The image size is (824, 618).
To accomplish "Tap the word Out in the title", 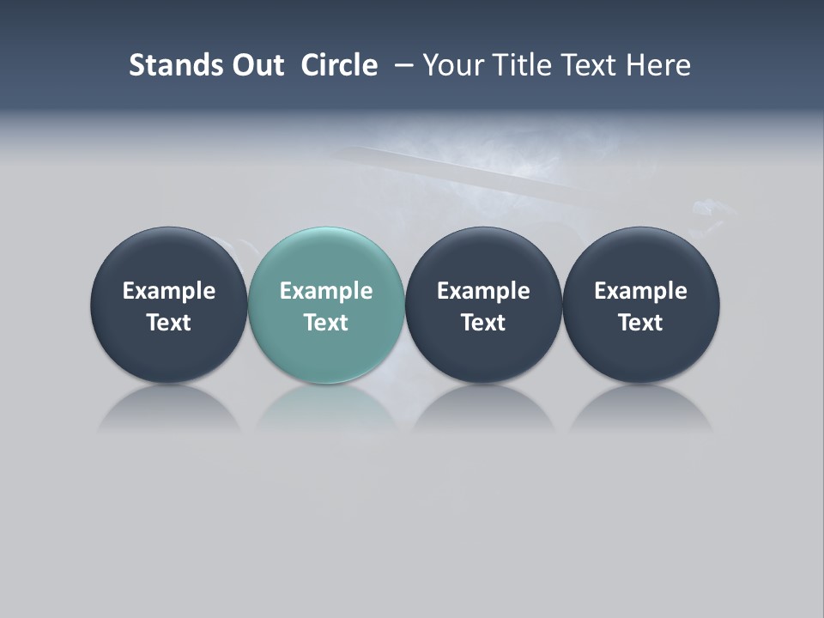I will [256, 65].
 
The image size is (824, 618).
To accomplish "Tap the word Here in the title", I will [658, 65].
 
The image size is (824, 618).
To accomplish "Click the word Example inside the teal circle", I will [326, 291].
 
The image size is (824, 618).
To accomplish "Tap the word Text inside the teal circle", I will [326, 323].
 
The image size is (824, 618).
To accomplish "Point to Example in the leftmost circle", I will [168, 291].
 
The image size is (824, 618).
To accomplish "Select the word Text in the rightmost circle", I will [641, 323].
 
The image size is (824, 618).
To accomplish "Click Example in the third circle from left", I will [483, 291].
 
